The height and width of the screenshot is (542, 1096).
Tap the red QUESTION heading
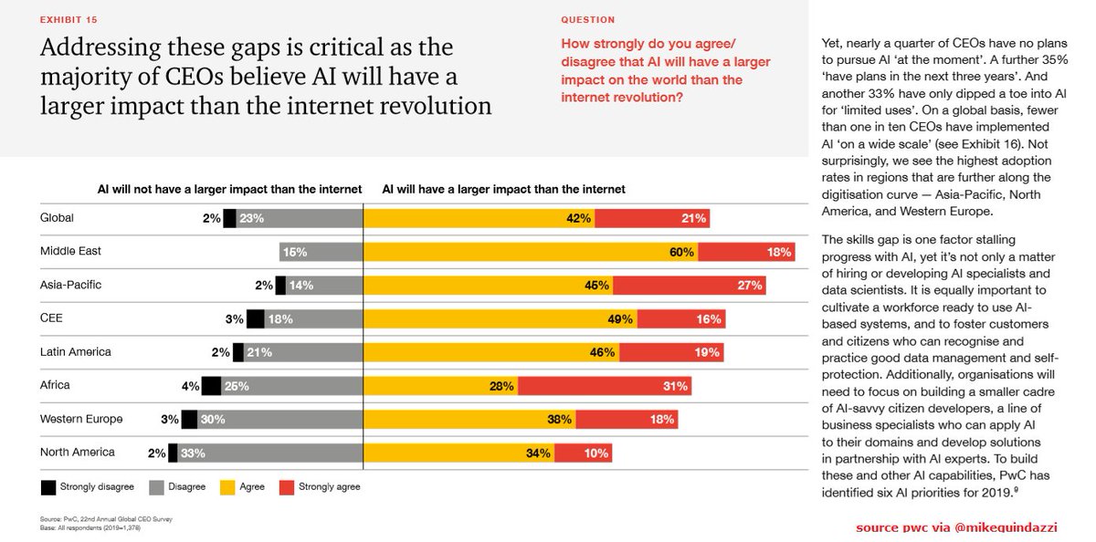[587, 19]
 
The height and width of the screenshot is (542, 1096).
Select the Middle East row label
[70, 251]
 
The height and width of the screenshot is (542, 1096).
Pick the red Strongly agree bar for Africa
[640, 386]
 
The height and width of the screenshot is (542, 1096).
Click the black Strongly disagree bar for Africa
[211, 386]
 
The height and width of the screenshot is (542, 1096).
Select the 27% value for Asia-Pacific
[750, 286]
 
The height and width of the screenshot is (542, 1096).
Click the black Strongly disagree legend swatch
[48, 486]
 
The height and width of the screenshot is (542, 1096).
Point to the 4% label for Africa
[190, 386]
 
